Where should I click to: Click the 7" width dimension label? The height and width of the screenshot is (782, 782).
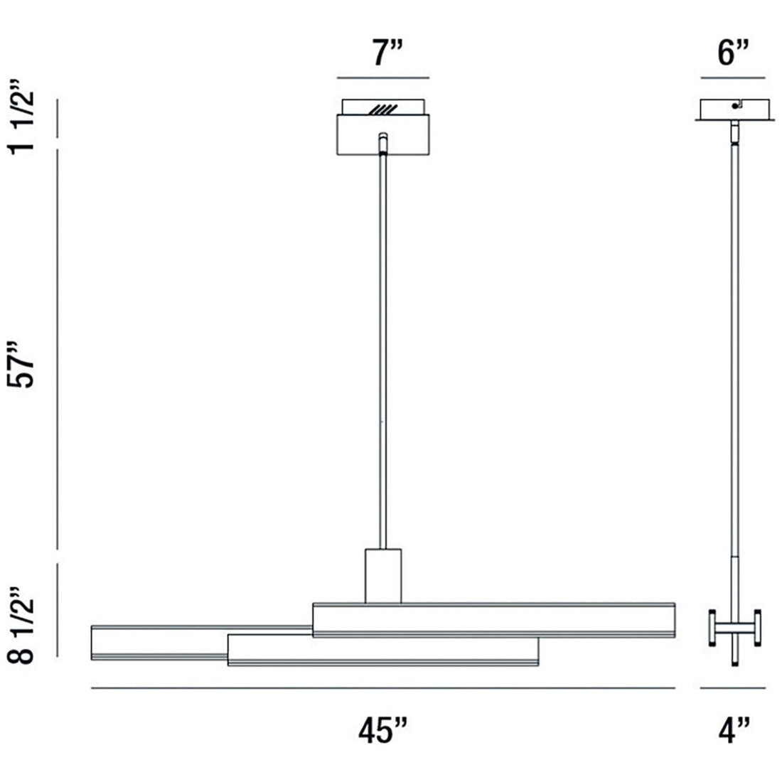[x=383, y=53]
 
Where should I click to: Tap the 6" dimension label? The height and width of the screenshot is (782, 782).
[x=733, y=53]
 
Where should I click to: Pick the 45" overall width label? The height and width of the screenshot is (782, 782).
[x=383, y=730]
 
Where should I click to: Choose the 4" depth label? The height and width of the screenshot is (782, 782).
[x=733, y=730]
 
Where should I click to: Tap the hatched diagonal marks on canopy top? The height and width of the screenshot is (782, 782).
[x=383, y=110]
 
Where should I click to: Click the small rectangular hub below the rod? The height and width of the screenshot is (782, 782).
[x=383, y=576]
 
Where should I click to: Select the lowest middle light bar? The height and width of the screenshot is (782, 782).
[x=383, y=650]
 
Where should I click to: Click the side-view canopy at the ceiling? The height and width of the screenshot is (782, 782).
[x=733, y=110]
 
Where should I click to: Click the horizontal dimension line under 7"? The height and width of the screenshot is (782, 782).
[x=383, y=77]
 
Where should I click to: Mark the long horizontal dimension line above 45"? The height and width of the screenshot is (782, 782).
[x=383, y=688]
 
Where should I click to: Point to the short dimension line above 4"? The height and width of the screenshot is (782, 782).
[x=733, y=688]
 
